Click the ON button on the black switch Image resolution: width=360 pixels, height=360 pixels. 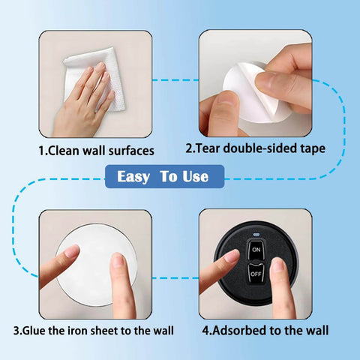coord(256,250)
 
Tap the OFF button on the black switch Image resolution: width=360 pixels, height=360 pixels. coord(256,274)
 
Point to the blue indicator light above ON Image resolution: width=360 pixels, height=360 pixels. coord(256,235)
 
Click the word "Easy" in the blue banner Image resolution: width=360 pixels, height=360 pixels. coord(133,177)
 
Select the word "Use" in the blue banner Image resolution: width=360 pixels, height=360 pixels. coord(195,176)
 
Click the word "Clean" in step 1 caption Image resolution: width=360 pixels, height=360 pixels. coord(63,151)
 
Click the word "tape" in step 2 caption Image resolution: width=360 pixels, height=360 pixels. coord(313,148)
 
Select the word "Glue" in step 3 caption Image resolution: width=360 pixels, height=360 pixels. coord(34,331)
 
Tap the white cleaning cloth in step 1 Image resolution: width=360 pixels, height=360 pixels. coord(95,77)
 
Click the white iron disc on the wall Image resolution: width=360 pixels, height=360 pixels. coord(96,265)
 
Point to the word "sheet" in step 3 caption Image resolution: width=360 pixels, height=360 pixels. coord(104,331)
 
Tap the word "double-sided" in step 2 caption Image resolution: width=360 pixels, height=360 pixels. coord(260,148)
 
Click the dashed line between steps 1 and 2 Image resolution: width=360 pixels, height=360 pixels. coord(175,80)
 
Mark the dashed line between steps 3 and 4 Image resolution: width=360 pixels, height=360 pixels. coord(175,278)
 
